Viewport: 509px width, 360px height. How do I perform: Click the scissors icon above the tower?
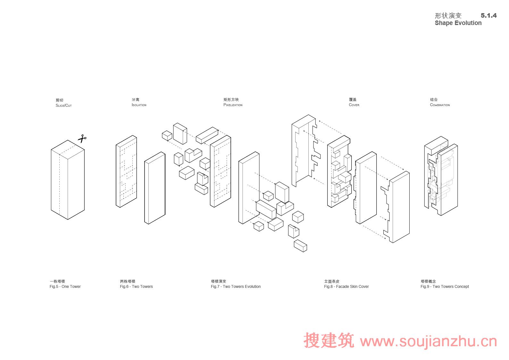tap(82, 139)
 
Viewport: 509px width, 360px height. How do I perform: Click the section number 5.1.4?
tap(488, 15)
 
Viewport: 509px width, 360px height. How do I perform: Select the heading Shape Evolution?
tap(458, 23)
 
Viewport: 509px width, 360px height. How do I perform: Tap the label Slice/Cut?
tap(64, 105)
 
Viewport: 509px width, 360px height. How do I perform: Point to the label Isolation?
tap(139, 105)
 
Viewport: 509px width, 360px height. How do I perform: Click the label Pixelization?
tap(233, 105)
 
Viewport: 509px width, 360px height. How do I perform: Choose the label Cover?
tap(354, 105)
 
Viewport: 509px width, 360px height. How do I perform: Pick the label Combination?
tap(440, 105)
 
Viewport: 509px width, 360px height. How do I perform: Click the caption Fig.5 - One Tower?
tap(65, 287)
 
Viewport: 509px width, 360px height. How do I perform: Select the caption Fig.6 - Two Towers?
tap(136, 287)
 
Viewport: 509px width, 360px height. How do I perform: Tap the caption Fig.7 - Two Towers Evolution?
tap(236, 287)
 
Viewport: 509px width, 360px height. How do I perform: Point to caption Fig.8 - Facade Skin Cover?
tap(346, 287)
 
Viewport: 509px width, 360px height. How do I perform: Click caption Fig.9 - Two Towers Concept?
tap(445, 287)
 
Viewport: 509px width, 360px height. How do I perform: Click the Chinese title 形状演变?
tap(448, 16)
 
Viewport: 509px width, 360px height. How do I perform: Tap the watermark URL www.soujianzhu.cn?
tap(429, 342)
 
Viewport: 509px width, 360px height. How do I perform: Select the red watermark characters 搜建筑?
tap(329, 340)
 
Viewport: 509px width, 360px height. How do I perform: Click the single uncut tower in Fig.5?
tap(68, 181)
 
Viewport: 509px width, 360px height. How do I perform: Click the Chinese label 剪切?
tap(59, 100)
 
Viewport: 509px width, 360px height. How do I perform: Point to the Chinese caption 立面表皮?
tap(331, 281)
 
